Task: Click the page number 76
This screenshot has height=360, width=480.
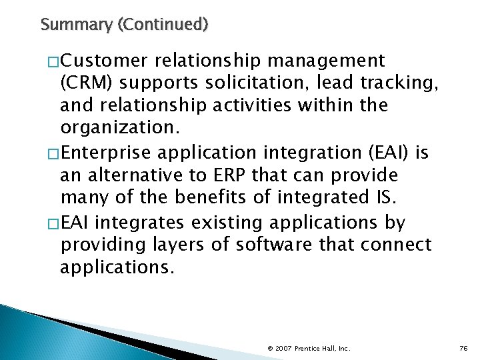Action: tap(463, 347)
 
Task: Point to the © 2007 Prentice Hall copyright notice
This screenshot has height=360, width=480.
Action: tap(309, 347)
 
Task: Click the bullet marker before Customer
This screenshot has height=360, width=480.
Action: tap(53, 62)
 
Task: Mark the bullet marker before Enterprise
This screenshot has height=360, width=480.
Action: tap(53, 154)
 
